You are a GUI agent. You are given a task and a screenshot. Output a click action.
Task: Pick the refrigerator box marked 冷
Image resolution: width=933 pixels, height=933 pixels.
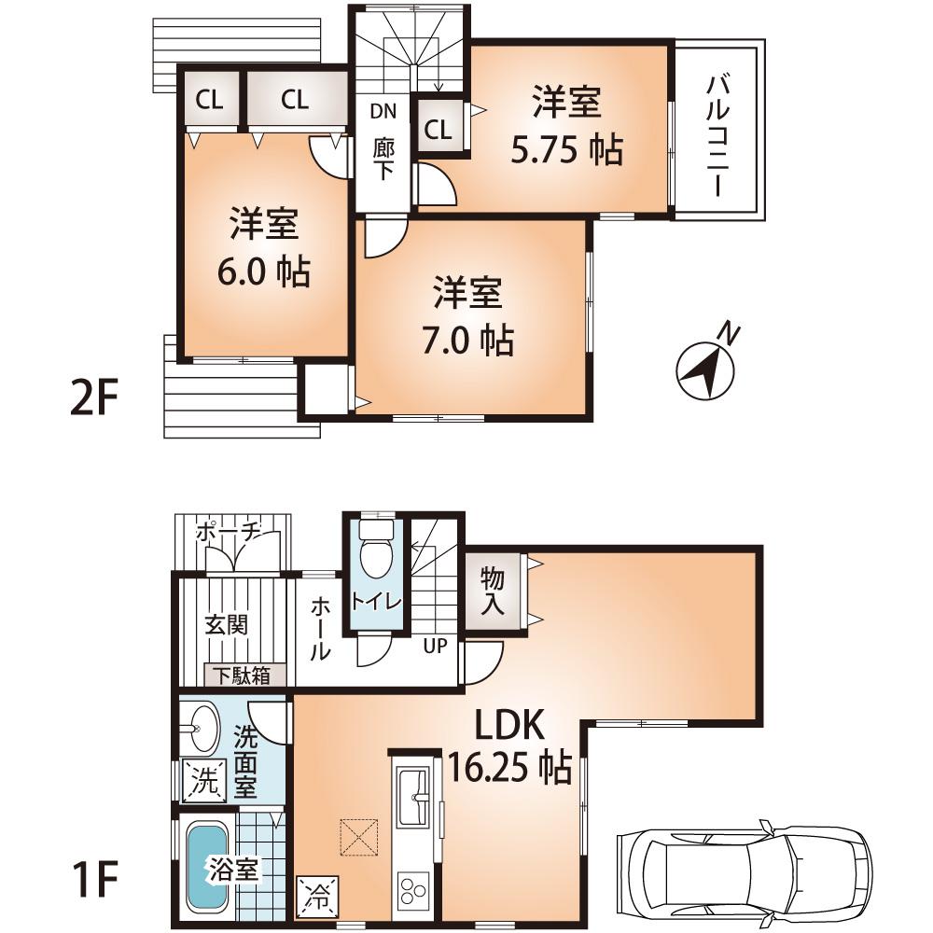314,897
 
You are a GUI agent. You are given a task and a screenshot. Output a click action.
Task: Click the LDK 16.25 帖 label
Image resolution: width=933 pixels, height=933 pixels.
508,745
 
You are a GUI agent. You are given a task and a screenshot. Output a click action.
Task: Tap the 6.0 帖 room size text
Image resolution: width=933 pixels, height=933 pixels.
265,272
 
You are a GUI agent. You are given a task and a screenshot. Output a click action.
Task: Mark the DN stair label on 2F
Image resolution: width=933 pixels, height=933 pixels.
383,111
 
